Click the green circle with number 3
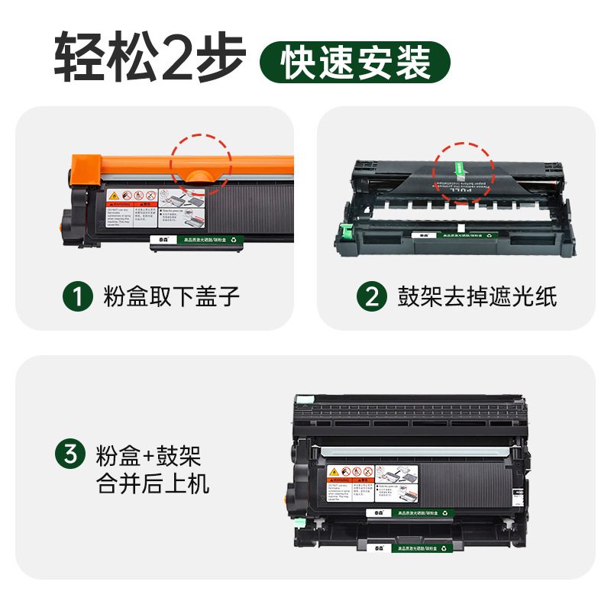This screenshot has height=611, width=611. pyautogui.click(x=70, y=456)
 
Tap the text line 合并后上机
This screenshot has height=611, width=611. pyautogui.click(x=153, y=483)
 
